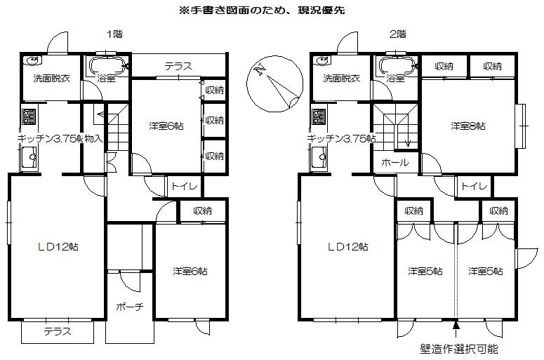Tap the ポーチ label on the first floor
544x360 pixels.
pyautogui.click(x=129, y=307)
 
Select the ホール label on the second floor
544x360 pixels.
pyautogui.click(x=394, y=162)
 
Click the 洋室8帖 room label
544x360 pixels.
pyautogui.click(x=468, y=126)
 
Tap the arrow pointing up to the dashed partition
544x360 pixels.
pyautogui.click(x=457, y=326)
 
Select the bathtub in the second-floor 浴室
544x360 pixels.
pyautogui.click(x=398, y=67)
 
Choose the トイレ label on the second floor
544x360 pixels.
pyautogui.click(x=475, y=187)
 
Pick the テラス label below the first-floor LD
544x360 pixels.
pyautogui.click(x=58, y=332)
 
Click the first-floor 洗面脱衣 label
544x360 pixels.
pyautogui.click(x=51, y=79)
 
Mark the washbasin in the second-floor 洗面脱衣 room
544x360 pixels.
pyautogui.click(x=324, y=60)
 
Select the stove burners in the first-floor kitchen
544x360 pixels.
pyautogui.click(x=28, y=116)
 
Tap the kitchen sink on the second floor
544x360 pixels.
pyautogui.click(x=317, y=159)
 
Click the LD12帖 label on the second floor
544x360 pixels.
pyautogui.click(x=348, y=247)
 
